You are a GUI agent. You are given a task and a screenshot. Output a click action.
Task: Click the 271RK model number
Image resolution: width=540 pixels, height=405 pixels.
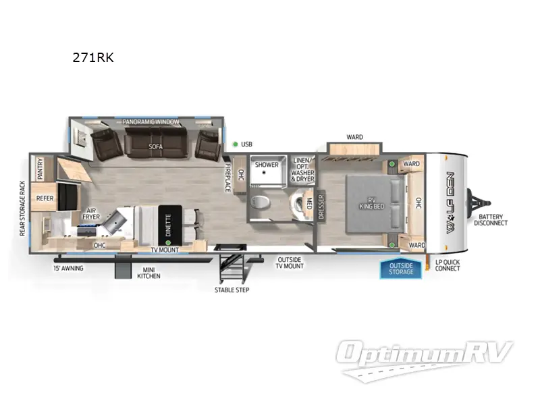pos(93,57)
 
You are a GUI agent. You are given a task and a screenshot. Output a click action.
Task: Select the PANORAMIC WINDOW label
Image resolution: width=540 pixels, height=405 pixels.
pos(151,122)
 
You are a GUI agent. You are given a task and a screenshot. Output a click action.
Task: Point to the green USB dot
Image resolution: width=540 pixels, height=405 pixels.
pos(234,144)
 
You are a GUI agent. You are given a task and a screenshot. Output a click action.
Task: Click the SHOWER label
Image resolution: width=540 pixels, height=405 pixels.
pos(267,165)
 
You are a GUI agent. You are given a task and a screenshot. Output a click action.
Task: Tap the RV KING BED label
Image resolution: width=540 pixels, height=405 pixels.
pos(371,202)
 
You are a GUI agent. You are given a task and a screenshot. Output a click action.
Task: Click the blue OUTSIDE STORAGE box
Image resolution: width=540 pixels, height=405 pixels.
pos(401,269)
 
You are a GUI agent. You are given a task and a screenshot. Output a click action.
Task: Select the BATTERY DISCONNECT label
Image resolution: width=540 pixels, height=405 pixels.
pos(491,219)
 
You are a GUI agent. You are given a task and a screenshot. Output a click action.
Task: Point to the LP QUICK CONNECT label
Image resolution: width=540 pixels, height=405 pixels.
pos(448,265)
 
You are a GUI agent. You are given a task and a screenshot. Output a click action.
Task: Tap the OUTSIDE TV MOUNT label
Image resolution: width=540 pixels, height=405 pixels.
pos(290,263)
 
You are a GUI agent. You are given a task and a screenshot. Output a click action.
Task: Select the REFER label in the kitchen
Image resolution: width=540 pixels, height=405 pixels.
pos(45,198)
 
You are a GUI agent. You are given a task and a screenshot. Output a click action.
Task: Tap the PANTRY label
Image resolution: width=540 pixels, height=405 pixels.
pos(41,166)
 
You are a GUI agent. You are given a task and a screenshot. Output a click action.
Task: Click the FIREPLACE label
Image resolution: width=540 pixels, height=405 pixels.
pos(228,178)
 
